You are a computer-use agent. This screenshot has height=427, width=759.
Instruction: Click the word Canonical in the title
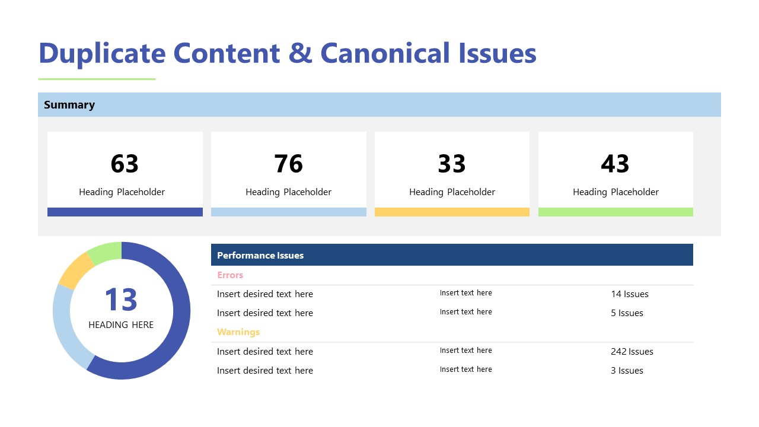pyautogui.click(x=385, y=53)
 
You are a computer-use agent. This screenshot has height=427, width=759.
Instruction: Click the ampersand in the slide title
pyautogui.click(x=299, y=53)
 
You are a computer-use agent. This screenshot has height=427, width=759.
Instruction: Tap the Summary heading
pyautogui.click(x=69, y=105)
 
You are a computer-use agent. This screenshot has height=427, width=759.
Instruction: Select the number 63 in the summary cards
pyautogui.click(x=125, y=164)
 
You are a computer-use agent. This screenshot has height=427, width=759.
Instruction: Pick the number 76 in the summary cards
pyautogui.click(x=288, y=164)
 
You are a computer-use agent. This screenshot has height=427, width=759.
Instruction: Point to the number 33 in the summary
pyautogui.click(x=452, y=164)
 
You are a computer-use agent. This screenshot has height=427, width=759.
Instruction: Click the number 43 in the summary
pyautogui.click(x=615, y=164)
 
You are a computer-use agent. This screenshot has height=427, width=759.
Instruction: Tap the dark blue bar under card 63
pyautogui.click(x=125, y=212)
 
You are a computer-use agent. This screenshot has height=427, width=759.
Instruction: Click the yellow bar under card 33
pyautogui.click(x=452, y=212)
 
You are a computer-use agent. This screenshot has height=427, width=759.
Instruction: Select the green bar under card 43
pyautogui.click(x=616, y=212)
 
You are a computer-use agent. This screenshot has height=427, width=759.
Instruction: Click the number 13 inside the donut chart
pyautogui.click(x=121, y=299)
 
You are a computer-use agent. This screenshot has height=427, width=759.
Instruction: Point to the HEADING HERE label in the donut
pyautogui.click(x=121, y=325)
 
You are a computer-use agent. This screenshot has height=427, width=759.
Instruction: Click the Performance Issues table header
pyautogui.click(x=260, y=256)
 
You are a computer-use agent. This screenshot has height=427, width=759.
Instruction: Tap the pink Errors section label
pyautogui.click(x=230, y=275)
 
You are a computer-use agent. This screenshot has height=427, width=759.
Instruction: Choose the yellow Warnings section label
pyautogui.click(x=238, y=332)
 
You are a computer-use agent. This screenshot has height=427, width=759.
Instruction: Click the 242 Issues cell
pyautogui.click(x=632, y=352)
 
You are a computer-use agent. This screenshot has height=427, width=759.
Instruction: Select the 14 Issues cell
pyautogui.click(x=630, y=294)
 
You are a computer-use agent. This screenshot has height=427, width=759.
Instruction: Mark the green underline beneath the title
pyautogui.click(x=97, y=79)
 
